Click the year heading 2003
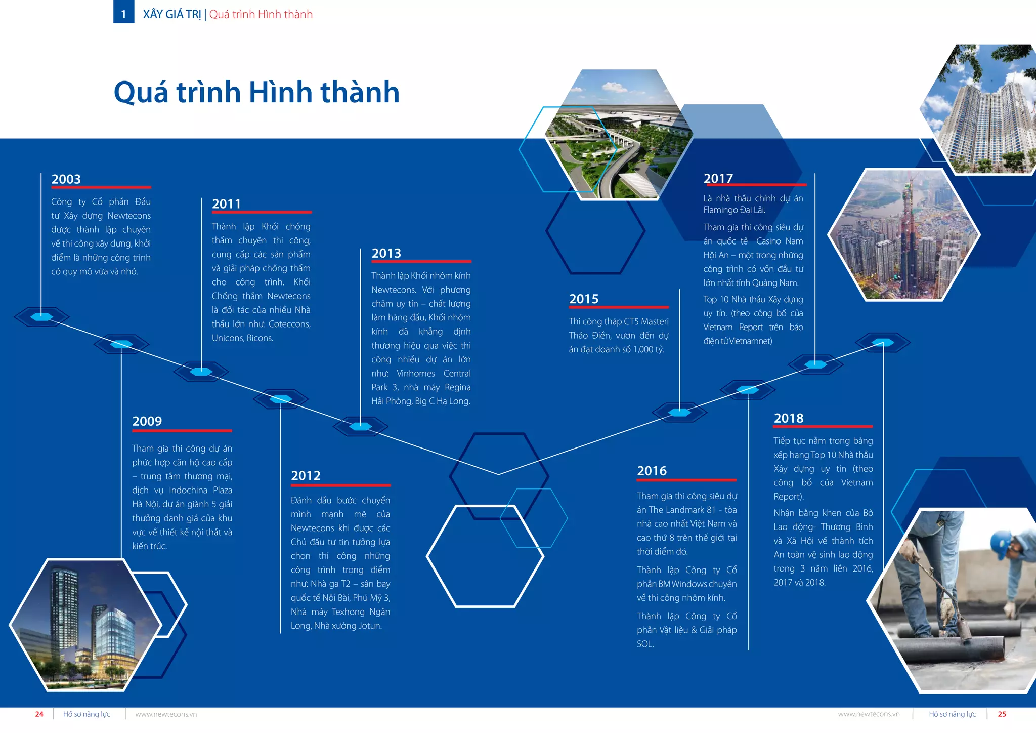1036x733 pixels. click(66, 179)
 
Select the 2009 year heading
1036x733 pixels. click(147, 421)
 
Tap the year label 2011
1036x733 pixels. click(227, 204)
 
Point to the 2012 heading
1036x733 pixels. click(306, 476)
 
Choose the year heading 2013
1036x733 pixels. click(386, 254)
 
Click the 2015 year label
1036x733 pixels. click(584, 299)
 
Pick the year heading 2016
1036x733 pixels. click(652, 471)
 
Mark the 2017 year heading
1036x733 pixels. click(718, 179)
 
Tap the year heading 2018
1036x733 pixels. click(789, 419)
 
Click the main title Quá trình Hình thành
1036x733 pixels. click(256, 92)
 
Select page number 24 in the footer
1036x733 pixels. click(39, 714)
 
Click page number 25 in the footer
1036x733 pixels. click(1002, 714)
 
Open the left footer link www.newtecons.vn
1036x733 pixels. click(166, 714)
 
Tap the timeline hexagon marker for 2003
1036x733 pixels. click(41, 317)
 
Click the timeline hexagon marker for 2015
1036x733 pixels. click(679, 412)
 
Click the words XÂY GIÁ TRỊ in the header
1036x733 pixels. click(172, 14)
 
